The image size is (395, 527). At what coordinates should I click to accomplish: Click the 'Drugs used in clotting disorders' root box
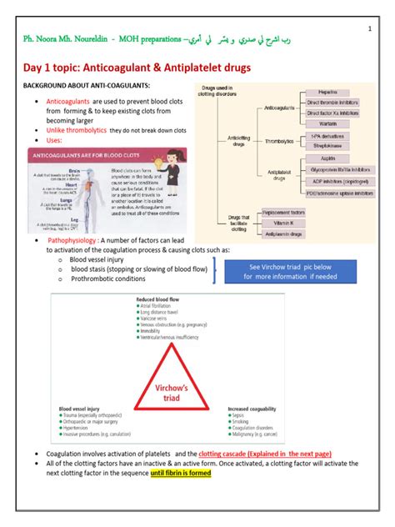click(x=223, y=93)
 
